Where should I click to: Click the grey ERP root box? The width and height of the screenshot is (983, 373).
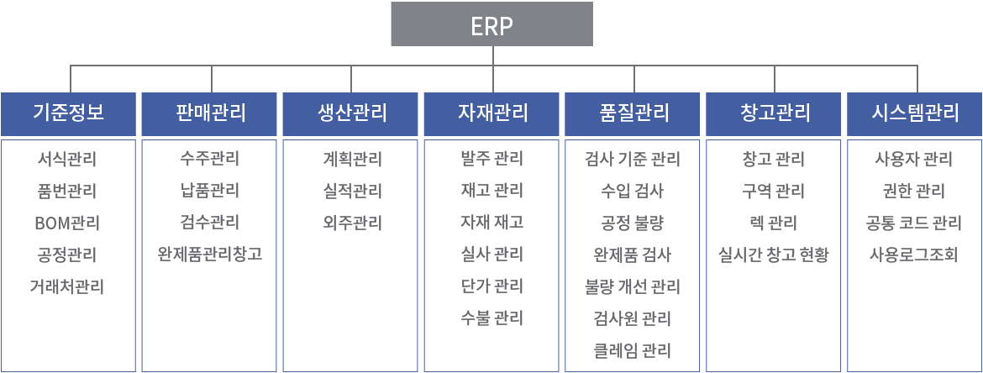[492, 24]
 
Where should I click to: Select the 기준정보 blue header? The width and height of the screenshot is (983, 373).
[68, 113]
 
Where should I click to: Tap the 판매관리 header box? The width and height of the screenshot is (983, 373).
[209, 113]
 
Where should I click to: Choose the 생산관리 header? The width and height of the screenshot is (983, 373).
[350, 113]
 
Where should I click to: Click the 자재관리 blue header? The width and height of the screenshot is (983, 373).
[491, 113]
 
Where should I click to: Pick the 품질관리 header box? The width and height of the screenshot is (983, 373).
[633, 113]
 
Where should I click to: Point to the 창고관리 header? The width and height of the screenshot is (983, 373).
[774, 113]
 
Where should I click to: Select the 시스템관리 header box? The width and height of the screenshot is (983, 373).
[915, 113]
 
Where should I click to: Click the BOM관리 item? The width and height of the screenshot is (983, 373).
[67, 223]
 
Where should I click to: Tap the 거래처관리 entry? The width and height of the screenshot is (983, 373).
[67, 287]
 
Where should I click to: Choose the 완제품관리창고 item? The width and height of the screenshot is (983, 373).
[209, 255]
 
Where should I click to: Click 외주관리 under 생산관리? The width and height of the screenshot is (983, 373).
[350, 223]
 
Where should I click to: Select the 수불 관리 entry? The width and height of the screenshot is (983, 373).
[491, 318]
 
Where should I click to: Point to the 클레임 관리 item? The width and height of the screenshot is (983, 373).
[632, 350]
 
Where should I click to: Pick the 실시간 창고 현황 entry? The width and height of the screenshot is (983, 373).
[774, 255]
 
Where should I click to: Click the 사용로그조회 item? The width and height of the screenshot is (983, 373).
[914, 255]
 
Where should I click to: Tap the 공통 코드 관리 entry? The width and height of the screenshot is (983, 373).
[914, 223]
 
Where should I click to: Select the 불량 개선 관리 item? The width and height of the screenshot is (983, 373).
[632, 287]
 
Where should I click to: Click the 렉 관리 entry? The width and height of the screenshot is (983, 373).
[773, 223]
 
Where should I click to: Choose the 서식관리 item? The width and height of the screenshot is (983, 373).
[67, 160]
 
